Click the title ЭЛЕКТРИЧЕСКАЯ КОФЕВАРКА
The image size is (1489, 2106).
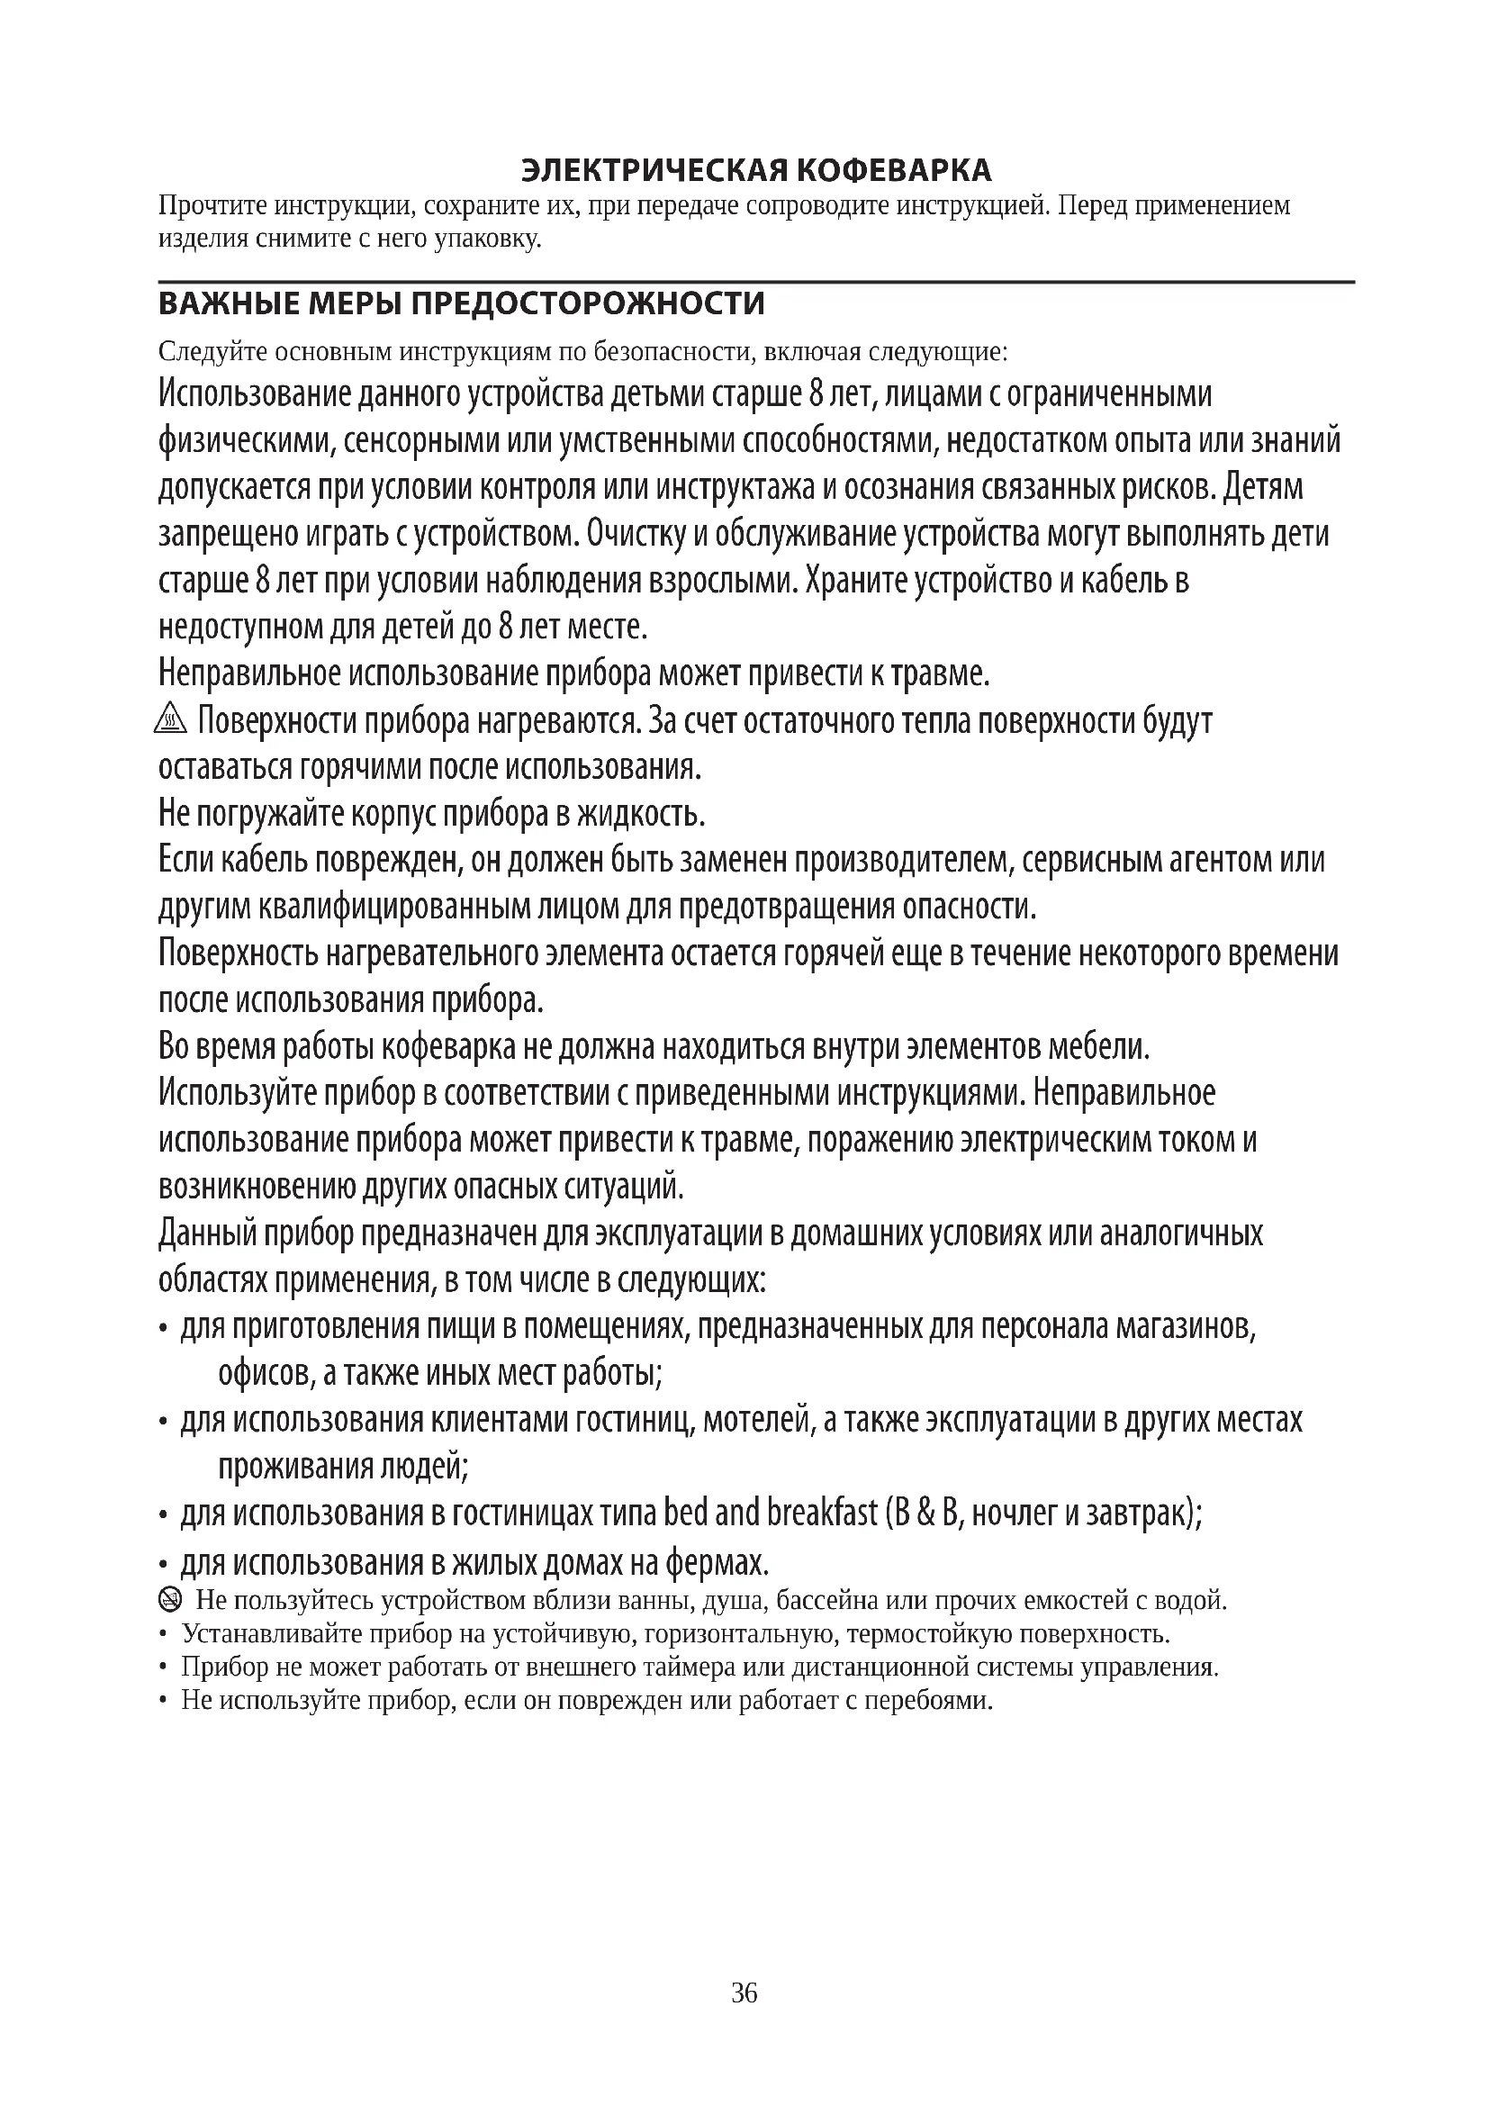[x=756, y=170]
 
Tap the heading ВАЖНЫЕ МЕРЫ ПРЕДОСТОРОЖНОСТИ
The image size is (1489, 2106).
[x=461, y=303]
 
